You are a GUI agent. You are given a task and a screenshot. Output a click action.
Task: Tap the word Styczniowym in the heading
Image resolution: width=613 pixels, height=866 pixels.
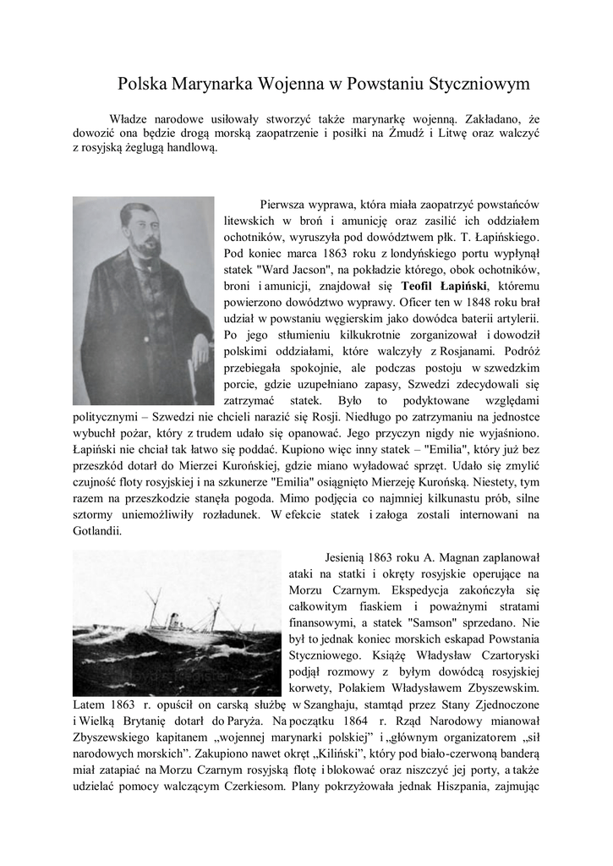pos(479,84)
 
